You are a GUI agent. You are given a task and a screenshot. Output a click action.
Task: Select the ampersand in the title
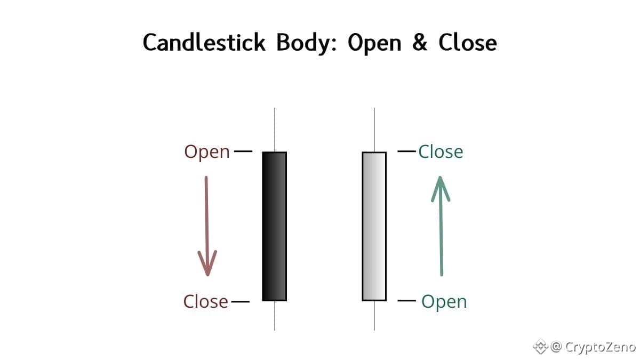419,43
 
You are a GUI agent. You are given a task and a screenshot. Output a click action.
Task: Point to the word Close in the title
467,43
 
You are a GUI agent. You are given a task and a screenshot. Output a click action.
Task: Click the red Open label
207,153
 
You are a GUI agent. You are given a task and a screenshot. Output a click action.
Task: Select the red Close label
206,302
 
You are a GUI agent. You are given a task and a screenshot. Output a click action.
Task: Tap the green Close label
441,152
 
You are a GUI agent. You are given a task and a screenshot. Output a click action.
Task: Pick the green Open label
444,302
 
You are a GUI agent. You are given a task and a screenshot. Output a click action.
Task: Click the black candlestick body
275,226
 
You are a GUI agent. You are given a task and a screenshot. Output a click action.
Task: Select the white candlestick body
374,226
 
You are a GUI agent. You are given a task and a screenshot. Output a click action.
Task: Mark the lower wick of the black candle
275,315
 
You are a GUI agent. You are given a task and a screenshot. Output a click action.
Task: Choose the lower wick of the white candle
374,315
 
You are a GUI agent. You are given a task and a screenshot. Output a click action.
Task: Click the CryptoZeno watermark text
600,347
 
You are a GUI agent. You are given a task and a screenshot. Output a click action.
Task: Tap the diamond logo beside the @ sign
541,347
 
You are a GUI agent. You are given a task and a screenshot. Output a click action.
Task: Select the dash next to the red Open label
243,151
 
